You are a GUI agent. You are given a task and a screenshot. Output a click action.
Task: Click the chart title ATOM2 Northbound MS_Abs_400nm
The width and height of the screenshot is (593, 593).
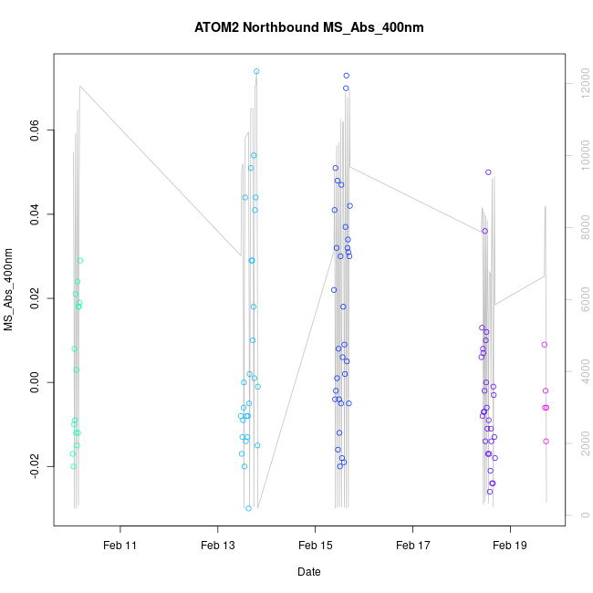click(309, 28)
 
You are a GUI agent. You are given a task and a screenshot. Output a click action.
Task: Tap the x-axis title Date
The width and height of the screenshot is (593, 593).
click(309, 572)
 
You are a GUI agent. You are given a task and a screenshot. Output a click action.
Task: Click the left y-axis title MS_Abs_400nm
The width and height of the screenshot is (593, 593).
click(9, 289)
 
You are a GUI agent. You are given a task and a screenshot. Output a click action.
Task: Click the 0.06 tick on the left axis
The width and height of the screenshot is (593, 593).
click(34, 130)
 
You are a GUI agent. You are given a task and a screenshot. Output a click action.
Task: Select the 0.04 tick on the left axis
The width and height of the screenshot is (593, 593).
click(34, 214)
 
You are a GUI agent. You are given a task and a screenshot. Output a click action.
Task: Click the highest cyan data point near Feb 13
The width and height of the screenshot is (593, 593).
click(256, 71)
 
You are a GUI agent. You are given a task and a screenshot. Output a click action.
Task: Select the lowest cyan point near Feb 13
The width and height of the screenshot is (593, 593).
click(248, 508)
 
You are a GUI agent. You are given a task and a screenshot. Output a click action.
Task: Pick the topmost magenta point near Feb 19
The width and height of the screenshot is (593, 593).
click(545, 345)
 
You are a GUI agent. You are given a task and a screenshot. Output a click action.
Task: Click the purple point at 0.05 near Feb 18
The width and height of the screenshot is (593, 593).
click(488, 172)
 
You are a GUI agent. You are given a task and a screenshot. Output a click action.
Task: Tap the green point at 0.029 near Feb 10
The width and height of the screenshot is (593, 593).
click(80, 261)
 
